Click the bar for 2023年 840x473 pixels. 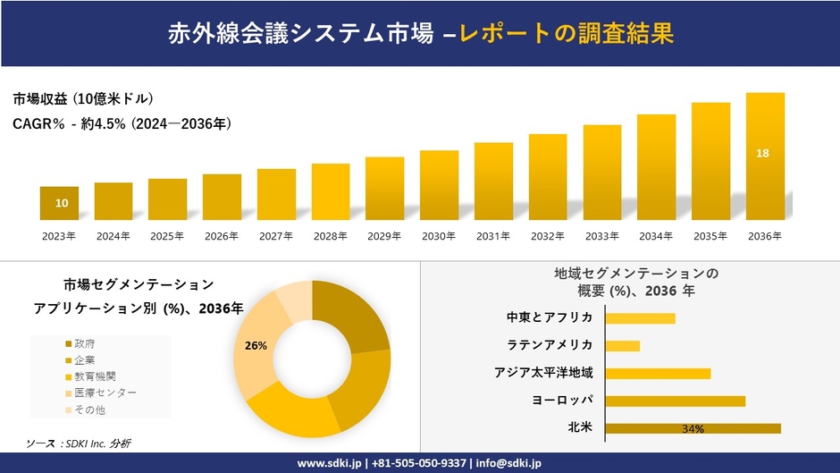click(59, 203)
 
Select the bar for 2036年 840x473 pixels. click(765, 156)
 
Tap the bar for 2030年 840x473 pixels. click(439, 185)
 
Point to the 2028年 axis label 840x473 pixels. click(330, 236)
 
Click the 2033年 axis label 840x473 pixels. click(601, 236)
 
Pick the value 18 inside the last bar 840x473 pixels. click(762, 154)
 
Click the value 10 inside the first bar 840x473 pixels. click(61, 204)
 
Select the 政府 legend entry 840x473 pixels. click(85, 343)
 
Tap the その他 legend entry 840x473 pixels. click(89, 409)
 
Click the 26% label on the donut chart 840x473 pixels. click(256, 345)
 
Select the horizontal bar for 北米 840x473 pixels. click(693, 428)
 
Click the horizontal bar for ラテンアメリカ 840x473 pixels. click(623, 345)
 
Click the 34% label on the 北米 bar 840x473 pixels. click(693, 429)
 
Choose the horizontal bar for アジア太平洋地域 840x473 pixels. click(658, 373)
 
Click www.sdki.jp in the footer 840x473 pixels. click(329, 463)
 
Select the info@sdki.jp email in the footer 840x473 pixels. click(509, 463)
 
